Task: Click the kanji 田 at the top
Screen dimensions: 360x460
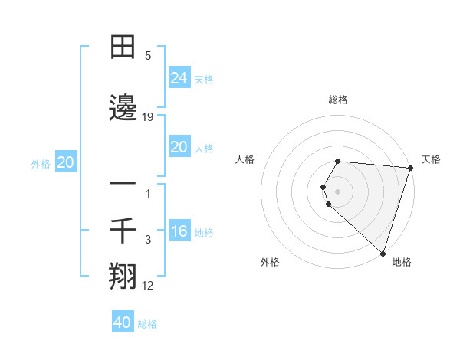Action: pos(123,47)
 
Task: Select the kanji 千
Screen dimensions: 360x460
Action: pos(123,229)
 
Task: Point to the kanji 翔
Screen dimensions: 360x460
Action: pos(123,274)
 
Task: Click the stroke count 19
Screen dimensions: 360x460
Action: pos(148,117)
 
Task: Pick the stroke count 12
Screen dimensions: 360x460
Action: pos(148,286)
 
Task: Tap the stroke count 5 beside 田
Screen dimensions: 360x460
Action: pos(148,56)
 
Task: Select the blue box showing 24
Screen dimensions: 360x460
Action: pos(179,78)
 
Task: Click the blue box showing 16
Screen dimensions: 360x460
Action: pos(179,231)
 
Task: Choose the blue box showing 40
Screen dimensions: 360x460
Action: pos(123,322)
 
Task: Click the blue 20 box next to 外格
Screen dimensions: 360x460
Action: pos(65,162)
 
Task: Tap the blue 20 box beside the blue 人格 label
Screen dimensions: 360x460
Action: pos(179,147)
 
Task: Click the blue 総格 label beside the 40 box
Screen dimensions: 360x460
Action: pos(147,324)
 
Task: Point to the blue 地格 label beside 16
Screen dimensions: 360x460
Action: pos(204,233)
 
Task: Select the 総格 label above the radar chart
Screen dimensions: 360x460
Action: pos(338,100)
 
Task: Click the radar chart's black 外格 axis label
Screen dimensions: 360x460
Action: pos(270,263)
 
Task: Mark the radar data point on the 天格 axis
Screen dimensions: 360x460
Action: pos(410,168)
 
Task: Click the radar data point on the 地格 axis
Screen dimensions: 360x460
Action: pos(383,254)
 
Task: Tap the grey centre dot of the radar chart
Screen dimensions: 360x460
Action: pos(338,190)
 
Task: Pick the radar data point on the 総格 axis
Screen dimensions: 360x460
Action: pos(338,161)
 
